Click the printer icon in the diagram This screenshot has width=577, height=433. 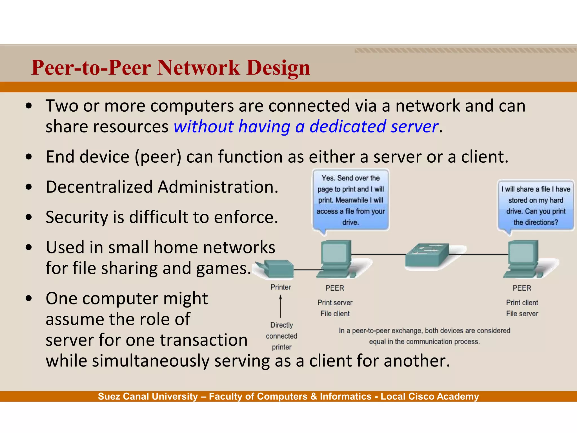[x=276, y=268]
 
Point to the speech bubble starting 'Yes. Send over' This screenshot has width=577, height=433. [x=351, y=200]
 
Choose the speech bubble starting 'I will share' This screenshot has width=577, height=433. [x=536, y=206]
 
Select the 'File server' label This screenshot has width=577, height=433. [x=522, y=313]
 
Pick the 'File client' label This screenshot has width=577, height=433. [x=335, y=313]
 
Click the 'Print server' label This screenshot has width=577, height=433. [x=335, y=302]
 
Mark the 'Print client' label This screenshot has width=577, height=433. [x=522, y=302]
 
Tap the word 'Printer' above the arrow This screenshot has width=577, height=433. [x=281, y=287]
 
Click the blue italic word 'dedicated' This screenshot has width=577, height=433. [x=348, y=126]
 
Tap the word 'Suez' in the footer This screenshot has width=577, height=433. [x=109, y=396]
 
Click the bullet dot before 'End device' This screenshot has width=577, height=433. [x=28, y=157]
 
